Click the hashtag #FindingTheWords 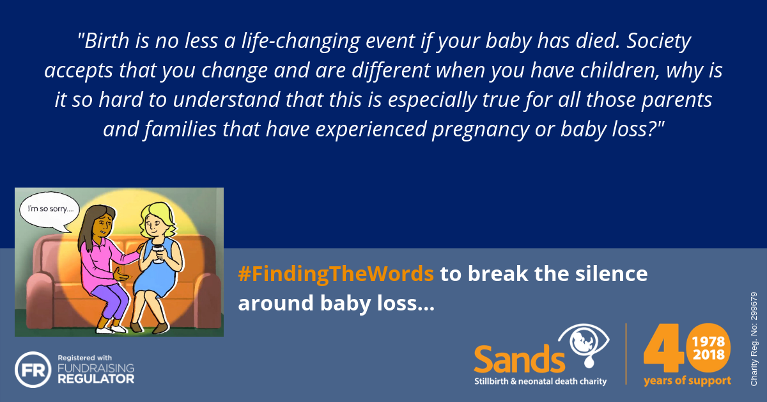[336, 274]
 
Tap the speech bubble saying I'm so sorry [49, 210]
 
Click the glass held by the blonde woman [158, 254]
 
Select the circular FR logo [33, 369]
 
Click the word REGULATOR [96, 379]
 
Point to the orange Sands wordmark [520, 359]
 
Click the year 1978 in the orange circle [708, 342]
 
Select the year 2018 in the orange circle [708, 355]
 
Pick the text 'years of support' [687, 381]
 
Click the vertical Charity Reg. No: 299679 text [754, 339]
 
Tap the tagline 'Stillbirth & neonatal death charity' [540, 382]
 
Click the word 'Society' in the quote [659, 42]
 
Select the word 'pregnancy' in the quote [481, 130]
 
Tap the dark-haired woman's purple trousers [109, 300]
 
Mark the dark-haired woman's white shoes [111, 330]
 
